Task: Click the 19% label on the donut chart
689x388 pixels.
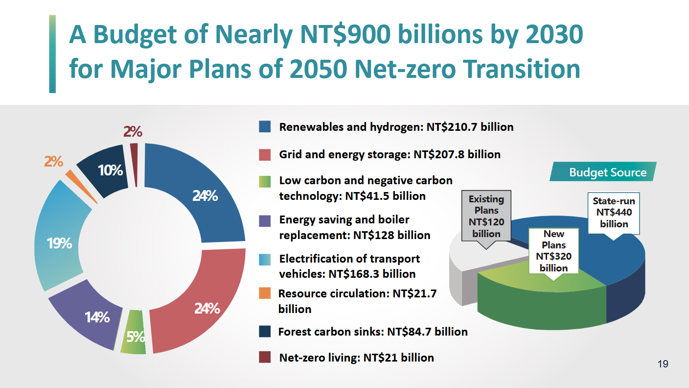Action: click(60, 243)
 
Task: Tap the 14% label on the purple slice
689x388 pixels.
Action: click(97, 317)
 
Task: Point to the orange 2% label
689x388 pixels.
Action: click(53, 161)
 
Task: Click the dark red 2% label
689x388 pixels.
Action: click(133, 132)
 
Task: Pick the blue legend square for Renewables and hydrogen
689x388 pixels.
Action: click(265, 127)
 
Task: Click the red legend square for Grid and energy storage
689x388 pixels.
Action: click(265, 155)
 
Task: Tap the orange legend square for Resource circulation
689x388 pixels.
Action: click(265, 293)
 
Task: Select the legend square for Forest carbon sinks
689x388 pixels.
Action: click(265, 332)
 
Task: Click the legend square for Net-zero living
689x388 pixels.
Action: click(265, 358)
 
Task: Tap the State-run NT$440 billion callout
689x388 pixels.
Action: click(614, 213)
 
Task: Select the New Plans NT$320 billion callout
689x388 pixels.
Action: click(554, 251)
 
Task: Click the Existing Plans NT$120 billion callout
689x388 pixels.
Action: click(486, 216)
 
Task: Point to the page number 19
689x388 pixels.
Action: click(663, 364)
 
